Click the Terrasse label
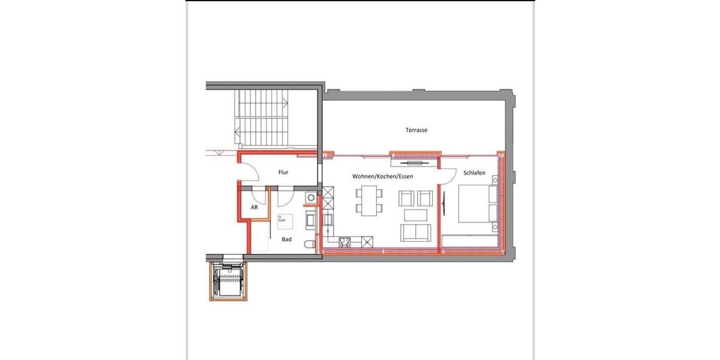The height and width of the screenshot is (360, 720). tap(416, 130)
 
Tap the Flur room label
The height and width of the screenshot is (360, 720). tap(283, 172)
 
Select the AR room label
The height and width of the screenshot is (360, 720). tap(254, 207)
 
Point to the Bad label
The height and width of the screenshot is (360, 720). tap(287, 239)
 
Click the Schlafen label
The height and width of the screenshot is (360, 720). tap(474, 173)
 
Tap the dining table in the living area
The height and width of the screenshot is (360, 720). tap(368, 200)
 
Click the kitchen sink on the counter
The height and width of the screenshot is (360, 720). tap(328, 219)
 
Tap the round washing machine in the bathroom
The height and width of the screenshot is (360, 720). tap(310, 196)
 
